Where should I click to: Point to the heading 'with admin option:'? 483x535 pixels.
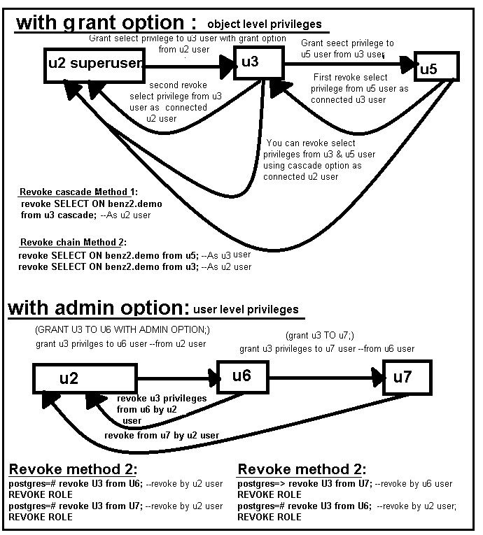coord(97,307)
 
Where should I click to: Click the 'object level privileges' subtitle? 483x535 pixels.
coord(265,24)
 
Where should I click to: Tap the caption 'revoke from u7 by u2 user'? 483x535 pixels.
coord(162,435)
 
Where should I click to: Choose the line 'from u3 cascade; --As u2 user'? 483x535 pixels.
coord(91,215)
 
